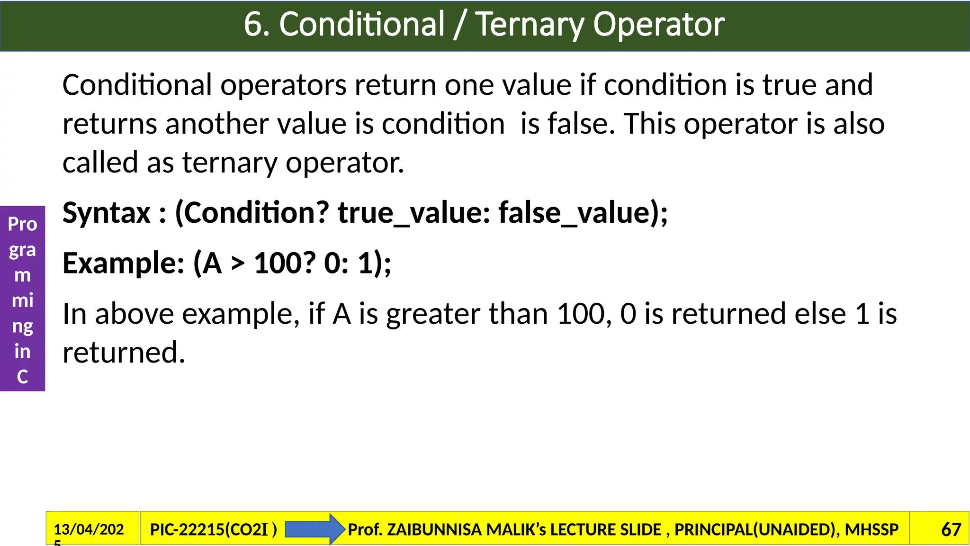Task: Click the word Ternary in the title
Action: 530,24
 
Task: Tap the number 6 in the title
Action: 253,24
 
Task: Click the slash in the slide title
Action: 458,25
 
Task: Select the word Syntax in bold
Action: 107,212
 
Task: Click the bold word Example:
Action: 124,263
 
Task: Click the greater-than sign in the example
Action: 238,264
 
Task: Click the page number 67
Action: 951,529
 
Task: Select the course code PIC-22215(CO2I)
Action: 213,529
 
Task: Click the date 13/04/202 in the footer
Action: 89,529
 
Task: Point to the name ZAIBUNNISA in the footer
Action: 434,529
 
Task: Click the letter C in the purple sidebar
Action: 22,377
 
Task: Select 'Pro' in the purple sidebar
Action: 22,224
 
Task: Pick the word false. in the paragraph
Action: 581,124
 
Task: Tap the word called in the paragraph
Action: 100,163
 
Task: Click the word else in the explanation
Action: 820,314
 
